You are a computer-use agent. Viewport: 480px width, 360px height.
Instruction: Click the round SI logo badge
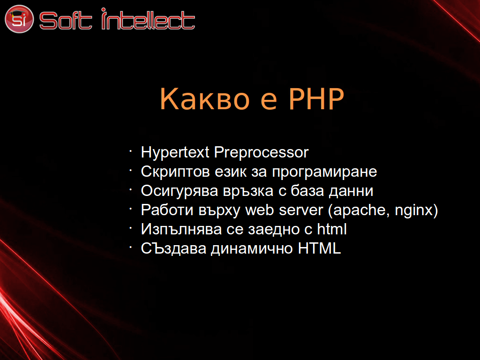[19, 19]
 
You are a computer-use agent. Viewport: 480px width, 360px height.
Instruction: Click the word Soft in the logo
[66, 21]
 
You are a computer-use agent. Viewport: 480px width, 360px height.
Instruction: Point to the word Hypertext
[175, 153]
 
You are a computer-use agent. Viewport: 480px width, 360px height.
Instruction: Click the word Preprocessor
[262, 153]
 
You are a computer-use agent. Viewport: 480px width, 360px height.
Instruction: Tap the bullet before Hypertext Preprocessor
[130, 151]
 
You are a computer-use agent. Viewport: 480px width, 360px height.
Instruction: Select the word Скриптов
[175, 172]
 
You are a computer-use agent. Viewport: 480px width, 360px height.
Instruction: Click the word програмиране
[324, 172]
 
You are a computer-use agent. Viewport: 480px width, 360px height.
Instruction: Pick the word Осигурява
[180, 191]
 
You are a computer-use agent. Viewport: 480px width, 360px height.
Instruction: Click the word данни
[351, 191]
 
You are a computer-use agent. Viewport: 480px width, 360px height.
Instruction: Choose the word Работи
[167, 210]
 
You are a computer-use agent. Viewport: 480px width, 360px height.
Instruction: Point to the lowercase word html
[331, 229]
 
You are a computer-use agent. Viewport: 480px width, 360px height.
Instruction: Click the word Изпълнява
[181, 230]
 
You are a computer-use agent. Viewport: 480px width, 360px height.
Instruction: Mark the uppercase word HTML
[319, 248]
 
